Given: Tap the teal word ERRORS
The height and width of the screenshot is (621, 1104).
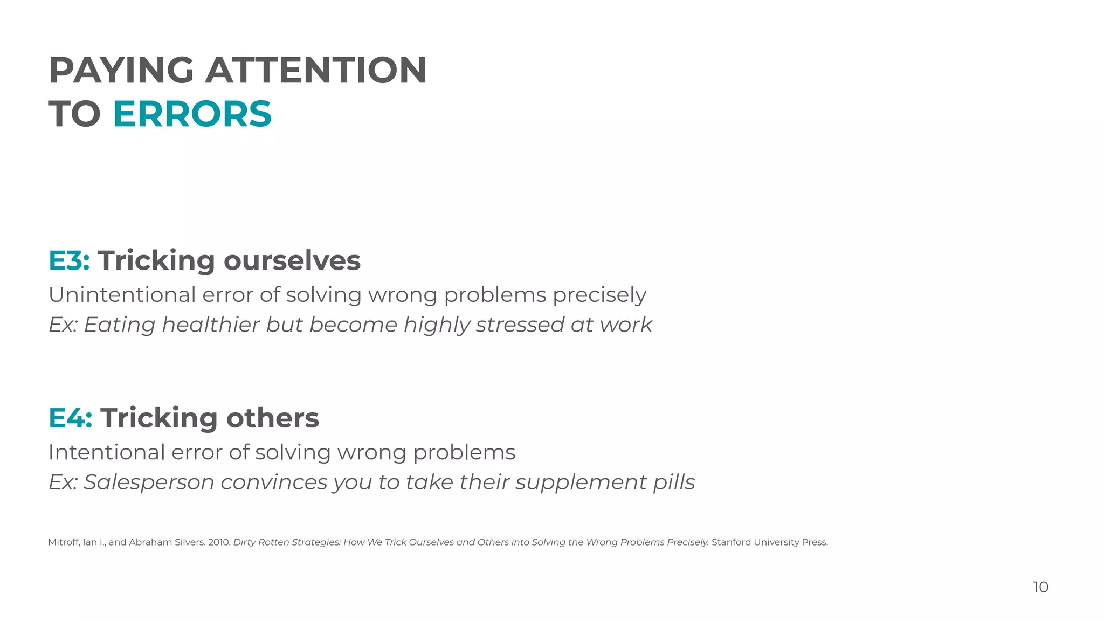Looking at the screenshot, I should click(x=192, y=114).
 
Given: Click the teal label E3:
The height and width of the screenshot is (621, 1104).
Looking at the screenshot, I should click(x=69, y=261).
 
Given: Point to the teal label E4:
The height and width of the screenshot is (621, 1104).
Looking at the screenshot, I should click(x=70, y=418).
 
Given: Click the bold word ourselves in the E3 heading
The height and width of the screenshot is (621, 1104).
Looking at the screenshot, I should click(x=292, y=261).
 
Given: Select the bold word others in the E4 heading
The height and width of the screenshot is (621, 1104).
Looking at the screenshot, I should click(x=272, y=418).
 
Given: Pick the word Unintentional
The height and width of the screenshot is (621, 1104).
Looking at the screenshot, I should click(x=122, y=295).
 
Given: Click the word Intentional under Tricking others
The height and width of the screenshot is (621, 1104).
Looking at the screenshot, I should click(x=106, y=452).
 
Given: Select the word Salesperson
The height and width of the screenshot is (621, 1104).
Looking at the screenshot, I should click(x=149, y=482).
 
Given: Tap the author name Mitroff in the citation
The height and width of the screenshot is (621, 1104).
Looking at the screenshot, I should click(x=64, y=542).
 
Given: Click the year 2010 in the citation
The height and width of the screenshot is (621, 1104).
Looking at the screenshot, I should click(x=218, y=542).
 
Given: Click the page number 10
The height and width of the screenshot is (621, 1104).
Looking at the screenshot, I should click(x=1040, y=587).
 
